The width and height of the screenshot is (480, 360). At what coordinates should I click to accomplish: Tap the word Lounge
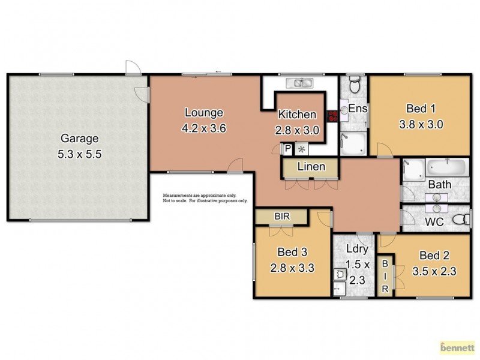point(204,112)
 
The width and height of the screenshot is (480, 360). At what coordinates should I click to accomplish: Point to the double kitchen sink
point(298,83)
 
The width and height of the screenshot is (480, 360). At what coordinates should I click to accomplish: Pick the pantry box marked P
point(288,148)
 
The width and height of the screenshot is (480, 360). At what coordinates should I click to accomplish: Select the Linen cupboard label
point(311,167)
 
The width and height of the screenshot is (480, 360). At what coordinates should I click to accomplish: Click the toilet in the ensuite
point(354,86)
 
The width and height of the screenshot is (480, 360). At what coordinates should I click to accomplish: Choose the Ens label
point(358,110)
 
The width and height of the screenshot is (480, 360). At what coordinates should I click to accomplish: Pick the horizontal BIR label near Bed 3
point(281,215)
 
